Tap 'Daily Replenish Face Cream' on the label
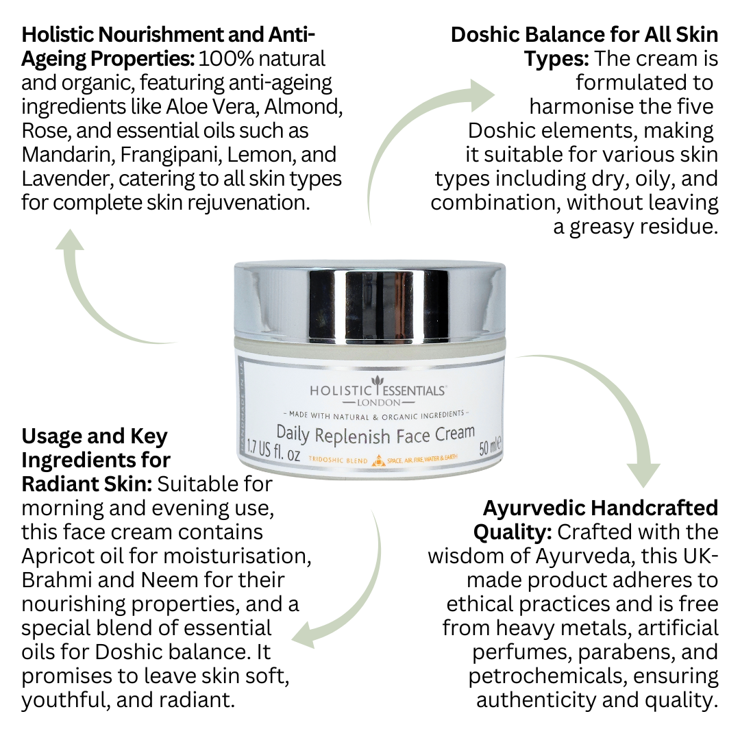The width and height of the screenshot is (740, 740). click(x=375, y=434)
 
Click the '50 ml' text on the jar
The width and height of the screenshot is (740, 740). click(x=491, y=448)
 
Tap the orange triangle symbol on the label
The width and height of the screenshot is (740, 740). click(x=376, y=462)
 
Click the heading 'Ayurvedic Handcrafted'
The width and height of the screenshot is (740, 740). click(x=600, y=508)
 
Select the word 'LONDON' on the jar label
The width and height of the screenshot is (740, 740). click(x=378, y=402)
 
